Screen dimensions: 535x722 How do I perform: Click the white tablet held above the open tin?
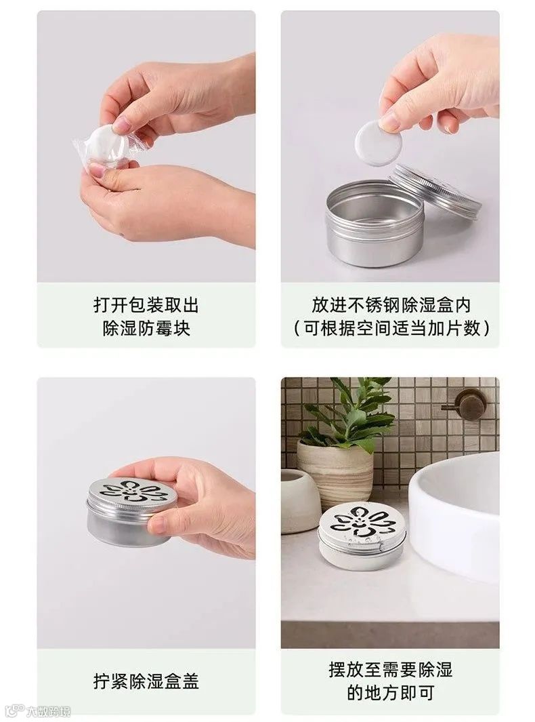click(378, 142)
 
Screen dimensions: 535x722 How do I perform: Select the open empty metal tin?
click(374, 223)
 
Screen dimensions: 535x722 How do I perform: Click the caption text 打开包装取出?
click(146, 305)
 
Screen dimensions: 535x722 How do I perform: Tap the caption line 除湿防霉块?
click(146, 328)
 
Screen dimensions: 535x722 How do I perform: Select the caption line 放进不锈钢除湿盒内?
click(391, 305)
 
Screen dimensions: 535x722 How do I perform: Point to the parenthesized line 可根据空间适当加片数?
click(391, 328)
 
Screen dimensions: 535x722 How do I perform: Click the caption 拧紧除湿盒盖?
click(146, 681)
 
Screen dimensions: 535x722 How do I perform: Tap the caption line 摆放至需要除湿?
click(391, 670)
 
